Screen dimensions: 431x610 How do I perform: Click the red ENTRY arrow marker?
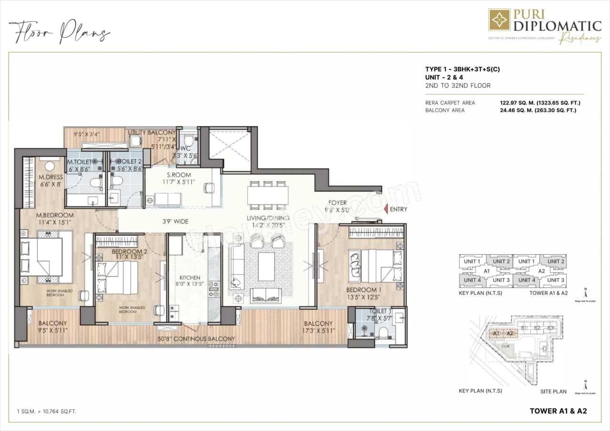coord(386,209)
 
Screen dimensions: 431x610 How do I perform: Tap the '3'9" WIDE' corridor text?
coord(174,221)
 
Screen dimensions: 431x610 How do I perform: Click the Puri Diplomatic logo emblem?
coord(499,20)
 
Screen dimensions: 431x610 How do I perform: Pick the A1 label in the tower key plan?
coord(487,271)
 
